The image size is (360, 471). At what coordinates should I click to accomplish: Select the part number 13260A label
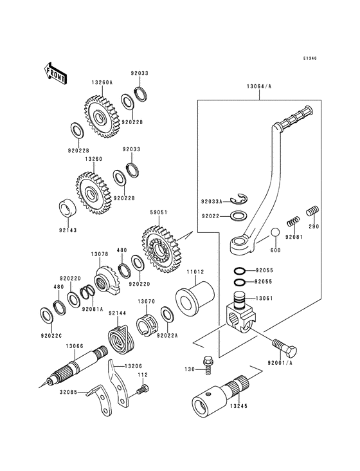tap(102, 82)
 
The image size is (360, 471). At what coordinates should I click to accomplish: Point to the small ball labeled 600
tap(275, 232)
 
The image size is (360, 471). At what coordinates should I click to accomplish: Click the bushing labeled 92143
tap(67, 209)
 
